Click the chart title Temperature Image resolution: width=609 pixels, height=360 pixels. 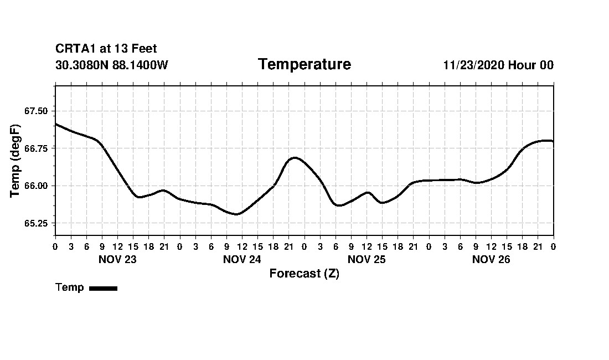[304, 64]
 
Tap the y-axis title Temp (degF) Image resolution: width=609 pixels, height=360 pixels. [16, 165]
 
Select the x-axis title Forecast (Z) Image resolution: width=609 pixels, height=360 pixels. [304, 274]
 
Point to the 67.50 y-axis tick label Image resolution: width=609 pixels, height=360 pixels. [36, 111]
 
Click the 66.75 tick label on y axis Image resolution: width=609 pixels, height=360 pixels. [36, 148]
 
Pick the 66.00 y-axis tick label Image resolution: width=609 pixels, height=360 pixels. [36, 186]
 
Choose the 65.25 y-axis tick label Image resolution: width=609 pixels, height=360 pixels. [36, 223]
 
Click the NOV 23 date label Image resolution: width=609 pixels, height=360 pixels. [117, 259]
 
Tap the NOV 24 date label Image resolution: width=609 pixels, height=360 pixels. [242, 259]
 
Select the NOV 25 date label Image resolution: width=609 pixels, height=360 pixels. [367, 259]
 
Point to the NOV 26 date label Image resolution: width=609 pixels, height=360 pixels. [491, 259]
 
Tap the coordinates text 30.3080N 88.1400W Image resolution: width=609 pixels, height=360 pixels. [112, 65]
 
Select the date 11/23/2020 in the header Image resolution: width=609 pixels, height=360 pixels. [473, 65]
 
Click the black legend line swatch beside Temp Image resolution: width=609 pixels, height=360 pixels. [103, 288]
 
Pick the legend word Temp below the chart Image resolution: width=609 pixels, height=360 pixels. [70, 287]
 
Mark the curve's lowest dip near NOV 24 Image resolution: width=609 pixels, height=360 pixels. [236, 214]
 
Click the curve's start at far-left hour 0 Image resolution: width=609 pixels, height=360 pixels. [56, 124]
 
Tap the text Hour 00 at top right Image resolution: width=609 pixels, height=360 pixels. [531, 65]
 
